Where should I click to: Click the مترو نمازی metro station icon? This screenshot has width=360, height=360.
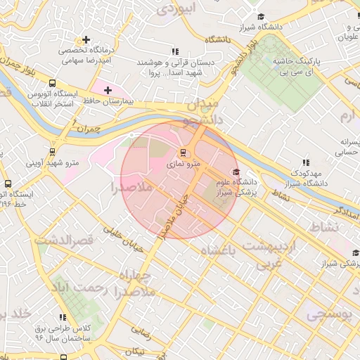coord(184,152)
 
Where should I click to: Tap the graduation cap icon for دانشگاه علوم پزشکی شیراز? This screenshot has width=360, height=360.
coord(236,172)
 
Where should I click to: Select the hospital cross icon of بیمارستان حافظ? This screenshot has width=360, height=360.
coord(107,90)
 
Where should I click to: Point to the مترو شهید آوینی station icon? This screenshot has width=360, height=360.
coord(53,151)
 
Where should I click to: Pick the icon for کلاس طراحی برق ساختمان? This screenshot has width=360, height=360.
coord(63,317)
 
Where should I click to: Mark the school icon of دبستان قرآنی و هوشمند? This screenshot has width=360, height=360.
coord(176,51)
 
